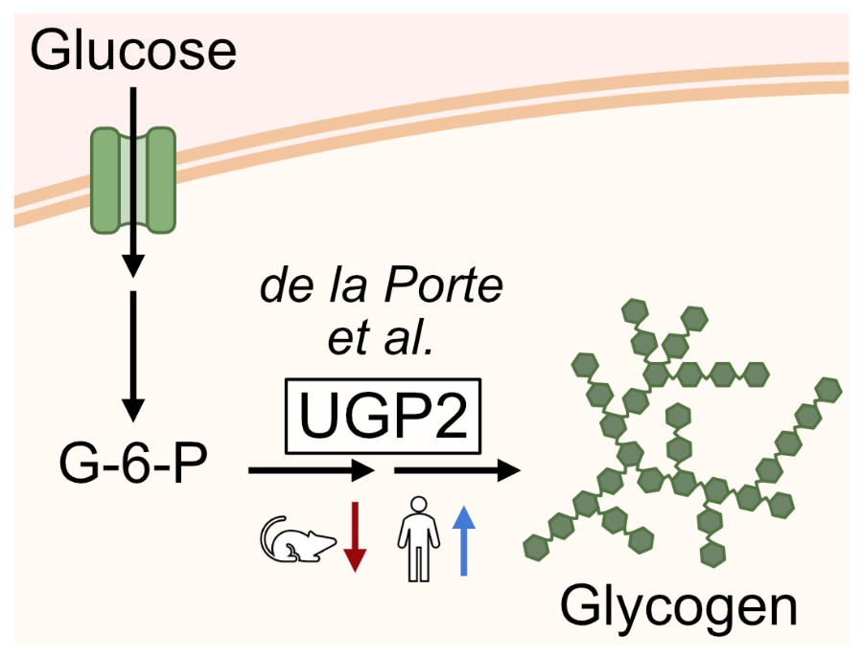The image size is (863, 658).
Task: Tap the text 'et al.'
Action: (382, 340)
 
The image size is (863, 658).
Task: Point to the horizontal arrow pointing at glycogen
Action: (456, 470)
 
